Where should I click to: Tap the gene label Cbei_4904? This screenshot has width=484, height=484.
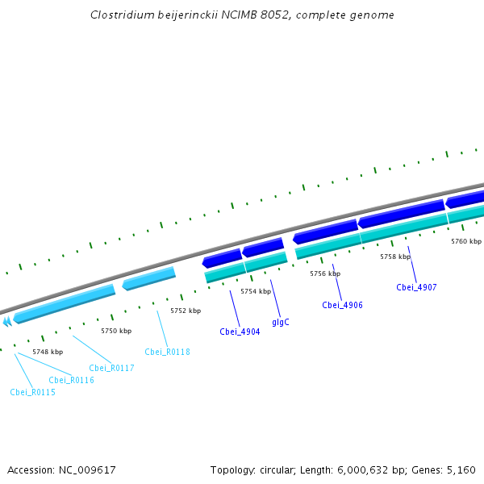coord(240,332)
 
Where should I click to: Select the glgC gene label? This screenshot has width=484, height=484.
coord(281,322)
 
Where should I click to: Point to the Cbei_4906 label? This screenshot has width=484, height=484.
coord(342,305)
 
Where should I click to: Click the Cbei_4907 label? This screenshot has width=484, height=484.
coord(416,287)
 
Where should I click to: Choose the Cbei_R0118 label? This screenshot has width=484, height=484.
coord(167,352)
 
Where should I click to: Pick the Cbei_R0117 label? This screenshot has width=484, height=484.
coord(111,368)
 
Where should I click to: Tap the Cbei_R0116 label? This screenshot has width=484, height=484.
coord(71,380)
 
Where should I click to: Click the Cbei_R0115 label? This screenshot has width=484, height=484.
coord(32,392)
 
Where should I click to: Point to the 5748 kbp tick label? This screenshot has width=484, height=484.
coord(48,352)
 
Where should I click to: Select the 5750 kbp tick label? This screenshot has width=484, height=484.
coord(116,331)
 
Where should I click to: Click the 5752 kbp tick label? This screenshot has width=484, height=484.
coord(186,311)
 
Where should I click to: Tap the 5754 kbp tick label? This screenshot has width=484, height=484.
coord(256,291)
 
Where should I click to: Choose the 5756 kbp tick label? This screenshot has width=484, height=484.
coord(325,274)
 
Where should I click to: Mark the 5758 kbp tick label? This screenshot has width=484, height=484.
coord(395,257)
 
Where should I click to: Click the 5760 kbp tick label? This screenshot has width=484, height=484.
coord(465,241)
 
